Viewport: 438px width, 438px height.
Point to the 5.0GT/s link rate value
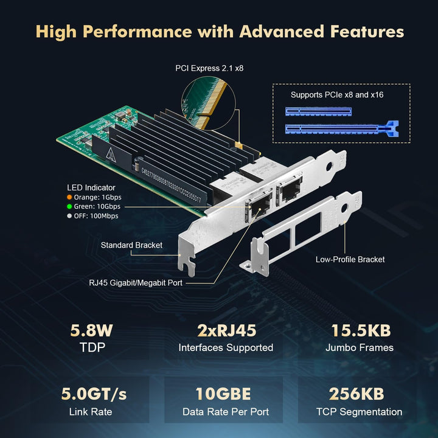click(92, 394)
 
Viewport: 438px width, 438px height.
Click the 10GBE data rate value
click(226, 394)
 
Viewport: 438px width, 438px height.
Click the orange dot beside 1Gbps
click(70, 197)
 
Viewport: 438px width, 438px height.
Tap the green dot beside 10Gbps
click(70, 206)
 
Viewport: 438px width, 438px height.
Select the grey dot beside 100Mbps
click(70, 216)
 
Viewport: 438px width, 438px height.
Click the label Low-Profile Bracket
click(350, 260)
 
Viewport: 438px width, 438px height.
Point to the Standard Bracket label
click(132, 245)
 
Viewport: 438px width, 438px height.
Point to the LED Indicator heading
click(91, 187)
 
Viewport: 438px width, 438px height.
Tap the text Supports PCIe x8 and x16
click(337, 95)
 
